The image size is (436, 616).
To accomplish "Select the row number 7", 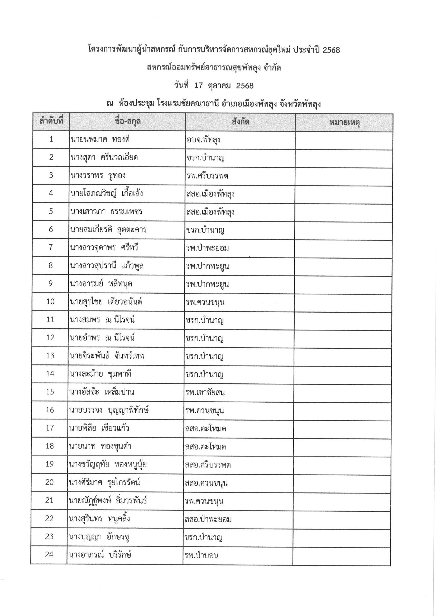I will tap(51, 247).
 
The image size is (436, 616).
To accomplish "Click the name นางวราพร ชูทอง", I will tap(98, 175).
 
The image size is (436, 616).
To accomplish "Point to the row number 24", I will tap(49, 554).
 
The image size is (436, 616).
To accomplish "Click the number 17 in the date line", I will tap(198, 86).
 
